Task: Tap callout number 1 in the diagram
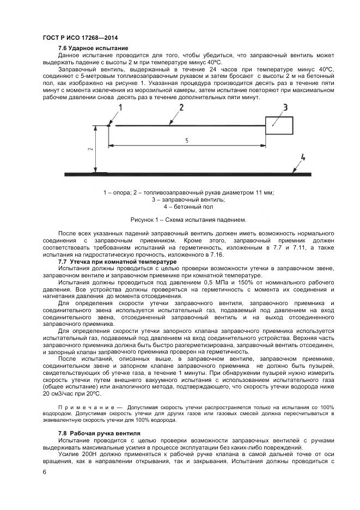tap(121, 108)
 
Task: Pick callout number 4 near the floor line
tap(303, 158)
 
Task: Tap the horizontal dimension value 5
tap(187, 140)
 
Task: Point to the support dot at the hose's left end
tap(109, 126)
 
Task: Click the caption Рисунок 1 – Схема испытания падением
tap(181, 220)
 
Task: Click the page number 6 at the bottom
tap(44, 472)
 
